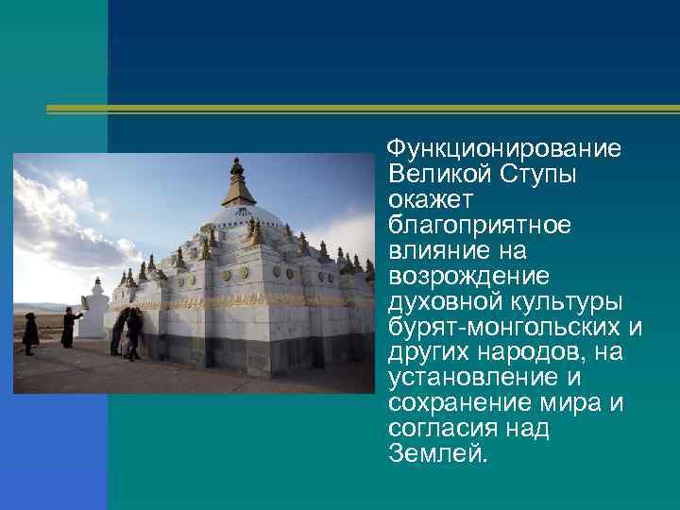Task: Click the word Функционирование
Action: click(x=505, y=150)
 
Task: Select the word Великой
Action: click(x=426, y=176)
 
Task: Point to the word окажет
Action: click(x=423, y=200)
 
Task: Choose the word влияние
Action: click(x=431, y=251)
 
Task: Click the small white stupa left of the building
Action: click(x=94, y=312)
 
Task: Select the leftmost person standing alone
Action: click(x=30, y=333)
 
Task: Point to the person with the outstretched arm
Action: click(x=70, y=327)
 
